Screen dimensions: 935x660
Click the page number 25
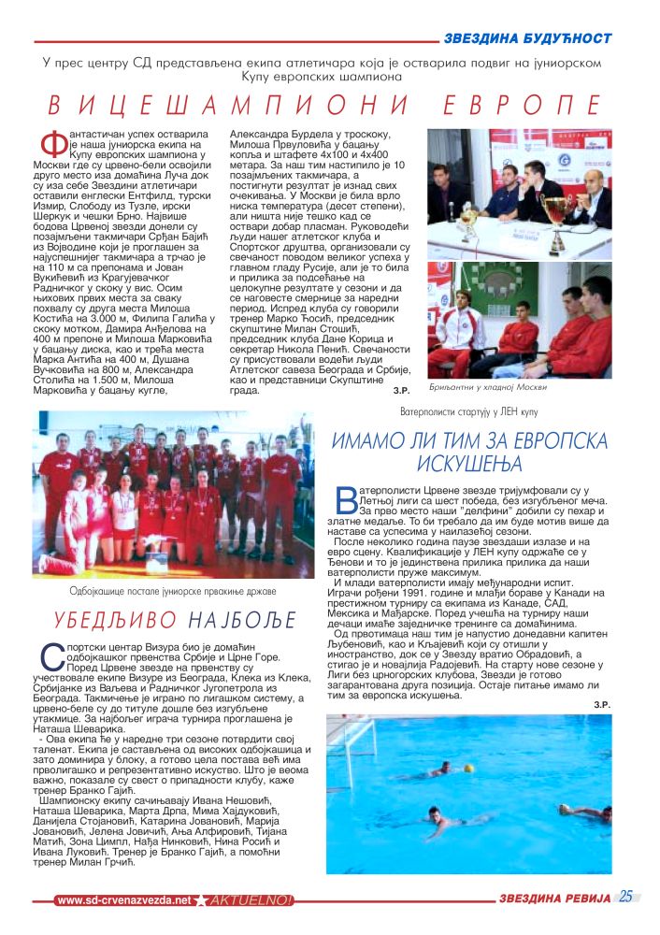[625, 896]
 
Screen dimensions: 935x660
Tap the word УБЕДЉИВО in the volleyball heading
[106, 620]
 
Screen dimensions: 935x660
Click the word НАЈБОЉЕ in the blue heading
[242, 620]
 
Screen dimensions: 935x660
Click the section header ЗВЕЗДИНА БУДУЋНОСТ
[527, 38]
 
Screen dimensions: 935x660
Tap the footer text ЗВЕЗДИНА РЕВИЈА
[554, 899]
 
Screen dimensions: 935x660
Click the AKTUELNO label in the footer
[251, 899]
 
